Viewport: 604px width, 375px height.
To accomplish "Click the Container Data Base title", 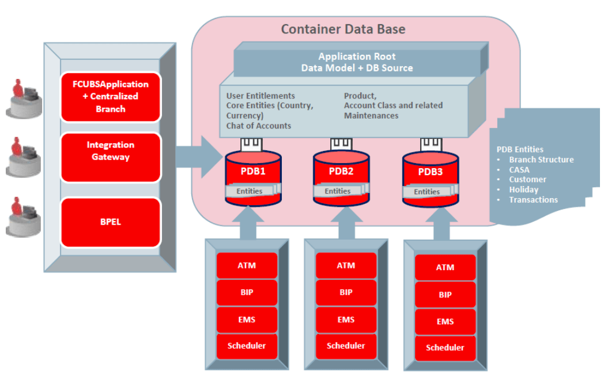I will click(343, 29).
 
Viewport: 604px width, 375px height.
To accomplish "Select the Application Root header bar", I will click(357, 62).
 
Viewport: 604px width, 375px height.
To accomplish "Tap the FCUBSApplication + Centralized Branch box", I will click(110, 96).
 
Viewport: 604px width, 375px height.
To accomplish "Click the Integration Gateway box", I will click(110, 151).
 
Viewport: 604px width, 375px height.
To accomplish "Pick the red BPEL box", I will click(110, 222).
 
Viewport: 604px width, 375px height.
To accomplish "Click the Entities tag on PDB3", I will click(427, 192).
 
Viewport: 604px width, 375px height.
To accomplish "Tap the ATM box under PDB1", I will click(247, 266).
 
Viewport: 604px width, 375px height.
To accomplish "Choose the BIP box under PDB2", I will click(346, 292).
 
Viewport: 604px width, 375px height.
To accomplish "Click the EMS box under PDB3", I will click(445, 321).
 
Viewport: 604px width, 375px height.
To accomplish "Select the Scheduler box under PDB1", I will click(247, 346).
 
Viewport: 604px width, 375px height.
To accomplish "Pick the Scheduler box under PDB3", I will click(445, 347).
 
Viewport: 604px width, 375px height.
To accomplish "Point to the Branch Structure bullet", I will click(541, 160).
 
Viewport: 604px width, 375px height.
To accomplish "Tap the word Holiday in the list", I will click(523, 190).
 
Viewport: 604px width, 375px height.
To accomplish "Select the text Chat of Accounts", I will click(258, 126).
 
